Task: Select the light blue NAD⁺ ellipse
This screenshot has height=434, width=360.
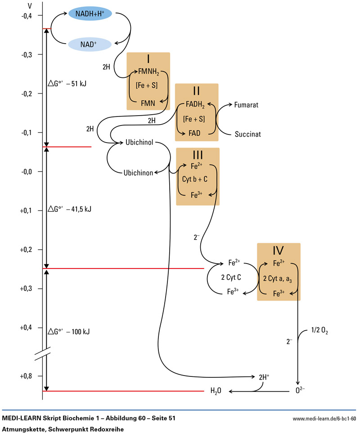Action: pos(90,44)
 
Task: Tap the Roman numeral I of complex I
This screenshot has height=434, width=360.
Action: pos(148,60)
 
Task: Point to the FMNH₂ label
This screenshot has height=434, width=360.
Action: pos(149,71)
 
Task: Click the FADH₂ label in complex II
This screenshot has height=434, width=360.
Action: pos(194,105)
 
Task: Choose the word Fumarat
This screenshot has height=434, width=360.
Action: pos(247,104)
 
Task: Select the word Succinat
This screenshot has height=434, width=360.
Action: pos(247,134)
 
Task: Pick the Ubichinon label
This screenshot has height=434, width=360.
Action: pos(138,172)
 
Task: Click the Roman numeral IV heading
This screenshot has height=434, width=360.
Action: pos(278,251)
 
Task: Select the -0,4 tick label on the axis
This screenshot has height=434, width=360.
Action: pos(27,16)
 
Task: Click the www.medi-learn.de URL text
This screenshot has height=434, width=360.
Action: pos(324,419)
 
